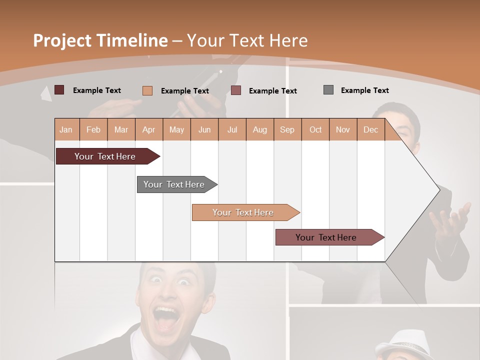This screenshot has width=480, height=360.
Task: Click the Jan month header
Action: (x=66, y=129)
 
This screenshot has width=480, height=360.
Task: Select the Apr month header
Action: (x=148, y=129)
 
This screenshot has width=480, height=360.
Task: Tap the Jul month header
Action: (x=232, y=129)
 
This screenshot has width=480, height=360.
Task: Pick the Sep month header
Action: (x=287, y=129)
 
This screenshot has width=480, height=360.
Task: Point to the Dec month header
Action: (x=370, y=129)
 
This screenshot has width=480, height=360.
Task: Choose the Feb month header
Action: (x=93, y=129)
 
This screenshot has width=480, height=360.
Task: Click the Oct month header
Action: (x=315, y=129)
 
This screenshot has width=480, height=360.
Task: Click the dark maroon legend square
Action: (x=59, y=90)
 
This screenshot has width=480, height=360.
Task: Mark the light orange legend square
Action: (x=147, y=90)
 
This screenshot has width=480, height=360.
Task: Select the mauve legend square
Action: (x=236, y=90)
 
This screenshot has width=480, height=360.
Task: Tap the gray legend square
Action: (x=328, y=90)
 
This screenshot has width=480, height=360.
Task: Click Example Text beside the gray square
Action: (x=364, y=90)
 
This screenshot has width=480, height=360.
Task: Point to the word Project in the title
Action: (x=63, y=40)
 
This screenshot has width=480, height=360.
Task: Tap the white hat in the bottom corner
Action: (x=402, y=345)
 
